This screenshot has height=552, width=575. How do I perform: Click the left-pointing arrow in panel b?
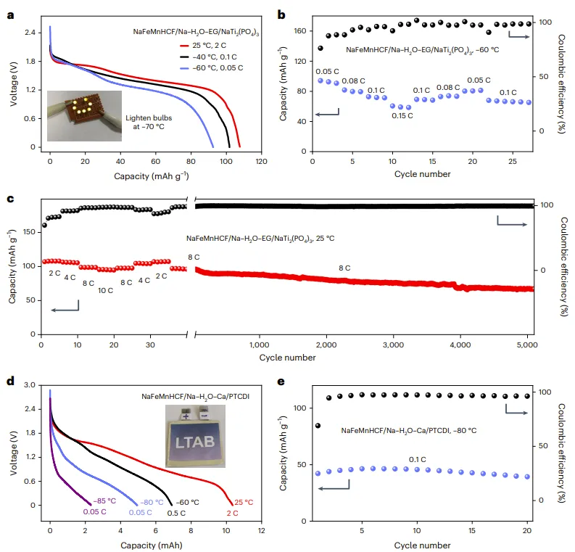pyautogui.click(x=328, y=114)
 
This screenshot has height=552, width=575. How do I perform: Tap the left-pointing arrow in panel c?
pyautogui.click(x=65, y=310)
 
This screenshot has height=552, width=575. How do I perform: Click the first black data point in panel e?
pyautogui.click(x=318, y=426)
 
